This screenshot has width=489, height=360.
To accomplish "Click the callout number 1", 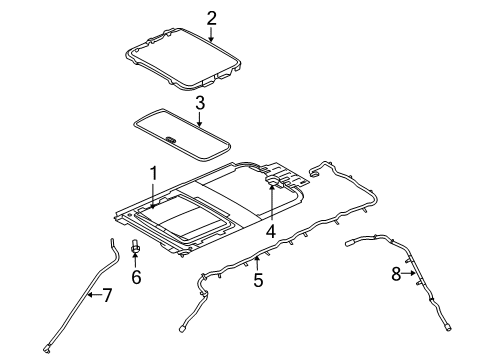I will tap(153, 173).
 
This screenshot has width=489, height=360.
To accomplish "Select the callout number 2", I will tap(211, 16).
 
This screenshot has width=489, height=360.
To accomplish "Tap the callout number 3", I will tap(199, 102).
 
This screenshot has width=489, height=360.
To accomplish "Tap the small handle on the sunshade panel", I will tap(173, 139).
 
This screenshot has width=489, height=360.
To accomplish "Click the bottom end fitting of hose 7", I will tap(47, 347).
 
